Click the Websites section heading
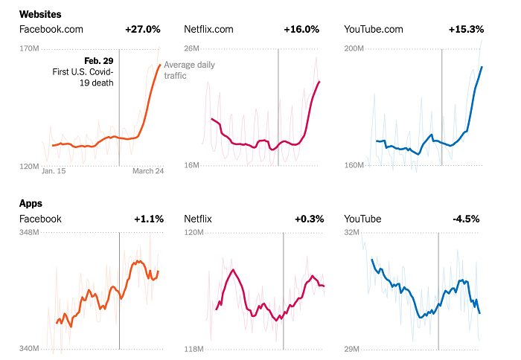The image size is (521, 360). click(x=40, y=14)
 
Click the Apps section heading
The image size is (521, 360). click(x=31, y=203)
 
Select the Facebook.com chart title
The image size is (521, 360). click(x=51, y=30)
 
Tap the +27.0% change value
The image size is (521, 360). click(x=143, y=30)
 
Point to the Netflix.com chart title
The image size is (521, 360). click(x=208, y=30)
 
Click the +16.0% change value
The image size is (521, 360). click(x=301, y=30)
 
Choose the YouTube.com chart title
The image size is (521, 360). click(x=374, y=30)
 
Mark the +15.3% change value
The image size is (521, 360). click(x=466, y=30)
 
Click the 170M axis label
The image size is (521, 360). click(x=29, y=49)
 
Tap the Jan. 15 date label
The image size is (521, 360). click(x=54, y=171)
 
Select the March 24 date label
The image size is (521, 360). click(x=148, y=171)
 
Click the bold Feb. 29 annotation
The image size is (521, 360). click(x=99, y=60)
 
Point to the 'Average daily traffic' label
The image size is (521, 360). click(x=189, y=70)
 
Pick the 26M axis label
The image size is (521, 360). click(x=191, y=49)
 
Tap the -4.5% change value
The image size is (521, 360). click(x=467, y=219)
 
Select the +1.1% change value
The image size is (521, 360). click(x=148, y=219)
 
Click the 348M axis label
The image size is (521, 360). click(x=29, y=234)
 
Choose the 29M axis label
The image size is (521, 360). click(x=353, y=349)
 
